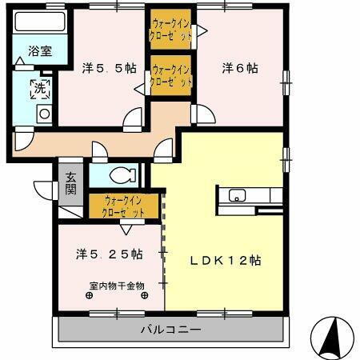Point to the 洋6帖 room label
pyautogui.click(x=239, y=69)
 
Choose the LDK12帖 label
pyautogui.click(x=226, y=260)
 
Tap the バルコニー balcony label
pyautogui.click(x=171, y=329)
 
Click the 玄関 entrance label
pyautogui.click(x=70, y=183)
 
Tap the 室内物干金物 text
pyautogui.click(x=117, y=285)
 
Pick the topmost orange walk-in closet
pyautogui.click(x=171, y=30)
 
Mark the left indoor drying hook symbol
pyautogui.click(x=89, y=294)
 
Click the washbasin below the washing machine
pyautogui.click(x=44, y=114)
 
